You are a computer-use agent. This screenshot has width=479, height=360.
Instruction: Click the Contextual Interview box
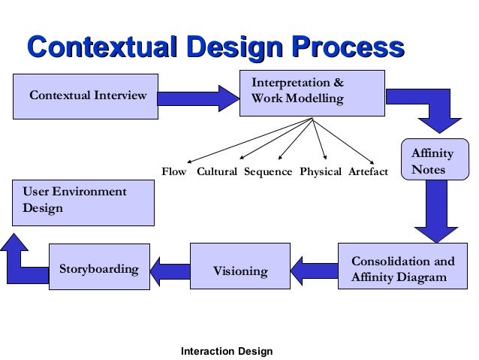(x=86, y=95)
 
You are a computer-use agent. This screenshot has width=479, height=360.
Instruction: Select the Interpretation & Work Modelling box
(x=311, y=92)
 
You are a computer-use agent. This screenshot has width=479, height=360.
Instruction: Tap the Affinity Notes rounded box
(x=432, y=162)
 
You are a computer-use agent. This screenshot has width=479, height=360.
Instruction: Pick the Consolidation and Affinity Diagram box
(x=402, y=269)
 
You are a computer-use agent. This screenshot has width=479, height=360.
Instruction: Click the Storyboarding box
(x=98, y=268)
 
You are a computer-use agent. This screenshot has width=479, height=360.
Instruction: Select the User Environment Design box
(x=83, y=201)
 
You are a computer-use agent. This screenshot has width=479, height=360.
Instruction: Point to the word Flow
(x=174, y=172)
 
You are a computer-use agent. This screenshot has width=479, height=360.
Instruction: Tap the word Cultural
(x=217, y=172)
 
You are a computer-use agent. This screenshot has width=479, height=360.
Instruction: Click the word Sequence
(x=268, y=172)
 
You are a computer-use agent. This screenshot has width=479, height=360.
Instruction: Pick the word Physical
(x=321, y=172)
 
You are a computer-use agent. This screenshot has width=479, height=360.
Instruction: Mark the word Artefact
(x=368, y=172)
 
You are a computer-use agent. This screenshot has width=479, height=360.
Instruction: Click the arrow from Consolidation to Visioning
(x=315, y=268)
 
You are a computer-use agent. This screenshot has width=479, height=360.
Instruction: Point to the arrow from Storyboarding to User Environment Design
(x=23, y=256)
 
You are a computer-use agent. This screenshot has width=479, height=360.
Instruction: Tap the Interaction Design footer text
(x=227, y=351)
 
